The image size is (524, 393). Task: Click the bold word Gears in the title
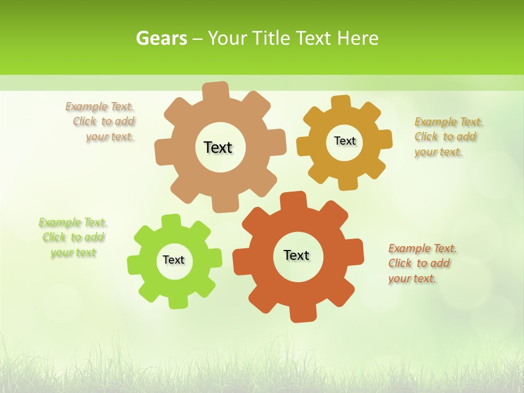pos(161,38)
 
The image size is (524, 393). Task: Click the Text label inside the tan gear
pos(218,147)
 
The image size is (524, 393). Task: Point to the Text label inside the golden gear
pos(344,141)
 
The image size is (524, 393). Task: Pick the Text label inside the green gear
pos(174,260)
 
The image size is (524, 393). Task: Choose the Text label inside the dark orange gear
pos(296,255)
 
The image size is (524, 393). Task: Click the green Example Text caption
pos(73,237)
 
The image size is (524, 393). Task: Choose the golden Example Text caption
pos(448,136)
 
